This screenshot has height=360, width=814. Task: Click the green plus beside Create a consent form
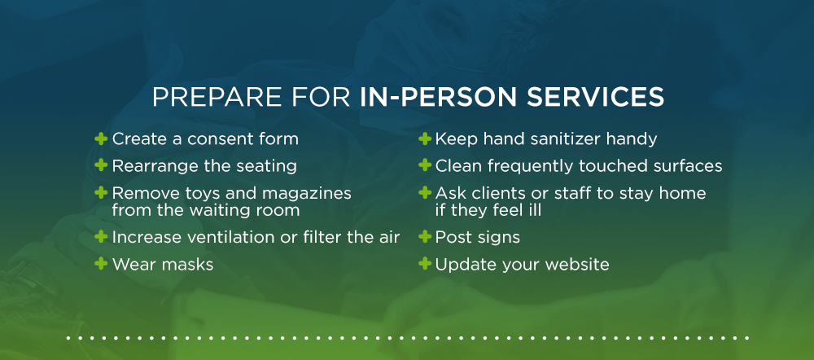coord(101,139)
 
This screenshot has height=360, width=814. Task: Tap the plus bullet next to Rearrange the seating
coord(101,165)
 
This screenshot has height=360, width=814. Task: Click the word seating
coord(268,166)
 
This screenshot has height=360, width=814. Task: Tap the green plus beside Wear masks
coord(101,264)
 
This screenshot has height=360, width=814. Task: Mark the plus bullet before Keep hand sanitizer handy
coord(424,139)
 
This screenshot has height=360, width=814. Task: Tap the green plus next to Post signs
coord(424,237)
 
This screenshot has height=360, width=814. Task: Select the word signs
coord(498,238)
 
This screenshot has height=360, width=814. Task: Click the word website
coord(578,264)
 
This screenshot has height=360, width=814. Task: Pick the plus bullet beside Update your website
coord(424,264)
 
